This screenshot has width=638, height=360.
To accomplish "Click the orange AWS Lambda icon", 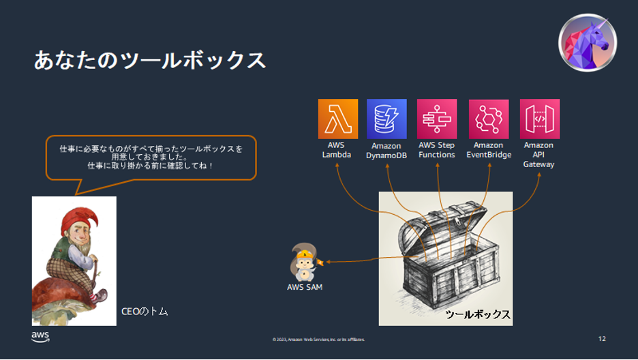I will point(337,119).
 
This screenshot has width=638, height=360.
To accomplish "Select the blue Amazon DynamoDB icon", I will point(386,119).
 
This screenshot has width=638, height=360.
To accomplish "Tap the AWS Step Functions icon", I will point(437,119).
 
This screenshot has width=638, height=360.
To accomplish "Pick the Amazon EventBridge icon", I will point(488,119).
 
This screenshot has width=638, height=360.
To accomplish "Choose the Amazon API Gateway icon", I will point(539,119).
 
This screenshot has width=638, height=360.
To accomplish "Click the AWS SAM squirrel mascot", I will point(303,262).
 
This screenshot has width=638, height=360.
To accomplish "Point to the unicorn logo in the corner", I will point(588,42).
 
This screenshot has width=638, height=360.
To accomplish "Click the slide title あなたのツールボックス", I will point(149,60).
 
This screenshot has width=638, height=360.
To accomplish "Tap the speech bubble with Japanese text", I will point(151,157).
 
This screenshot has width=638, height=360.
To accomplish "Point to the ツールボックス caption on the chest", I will point(477,314).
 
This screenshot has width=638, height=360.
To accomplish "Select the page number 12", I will point(601,339).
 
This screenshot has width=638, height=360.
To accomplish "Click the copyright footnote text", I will point(318,339).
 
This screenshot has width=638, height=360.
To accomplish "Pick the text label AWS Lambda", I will point(337,150).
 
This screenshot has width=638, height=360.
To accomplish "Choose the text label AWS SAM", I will point(305,287).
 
